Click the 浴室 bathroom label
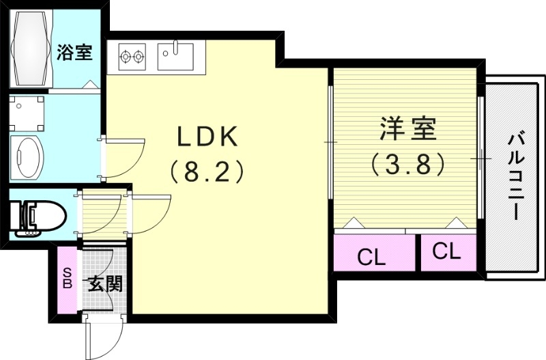75,52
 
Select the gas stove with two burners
133,56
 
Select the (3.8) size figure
407,163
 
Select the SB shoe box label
68,279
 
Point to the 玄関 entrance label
104,283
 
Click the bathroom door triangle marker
89,83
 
